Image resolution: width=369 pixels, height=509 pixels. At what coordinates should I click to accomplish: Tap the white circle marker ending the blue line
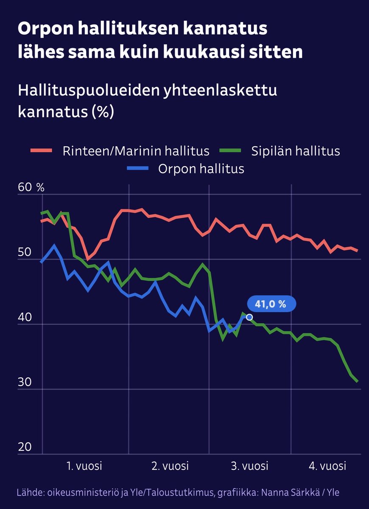tap(249, 317)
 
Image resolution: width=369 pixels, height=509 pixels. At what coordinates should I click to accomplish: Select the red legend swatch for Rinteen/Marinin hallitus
tap(42, 151)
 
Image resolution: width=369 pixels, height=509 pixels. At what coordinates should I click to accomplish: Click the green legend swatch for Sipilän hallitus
tap(230, 151)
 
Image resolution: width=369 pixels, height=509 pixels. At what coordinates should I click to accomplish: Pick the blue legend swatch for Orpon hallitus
tap(138, 168)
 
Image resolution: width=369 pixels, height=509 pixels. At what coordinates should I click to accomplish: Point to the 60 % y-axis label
tap(31, 187)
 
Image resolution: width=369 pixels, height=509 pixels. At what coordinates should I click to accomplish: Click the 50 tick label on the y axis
tap(25, 252)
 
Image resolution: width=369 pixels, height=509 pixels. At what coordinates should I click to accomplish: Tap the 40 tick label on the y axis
tap(25, 317)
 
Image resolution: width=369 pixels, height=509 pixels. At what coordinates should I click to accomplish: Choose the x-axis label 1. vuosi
tap(84, 466)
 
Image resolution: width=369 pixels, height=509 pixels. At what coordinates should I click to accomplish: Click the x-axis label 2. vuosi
tap(170, 466)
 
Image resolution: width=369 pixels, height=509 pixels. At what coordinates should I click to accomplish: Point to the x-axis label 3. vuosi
tap(250, 466)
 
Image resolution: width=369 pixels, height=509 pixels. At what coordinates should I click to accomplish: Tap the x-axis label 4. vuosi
tap(327, 466)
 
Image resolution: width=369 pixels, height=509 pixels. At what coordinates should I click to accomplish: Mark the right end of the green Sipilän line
tap(358, 381)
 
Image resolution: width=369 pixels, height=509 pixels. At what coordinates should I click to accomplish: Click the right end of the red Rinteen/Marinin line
tap(358, 251)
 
